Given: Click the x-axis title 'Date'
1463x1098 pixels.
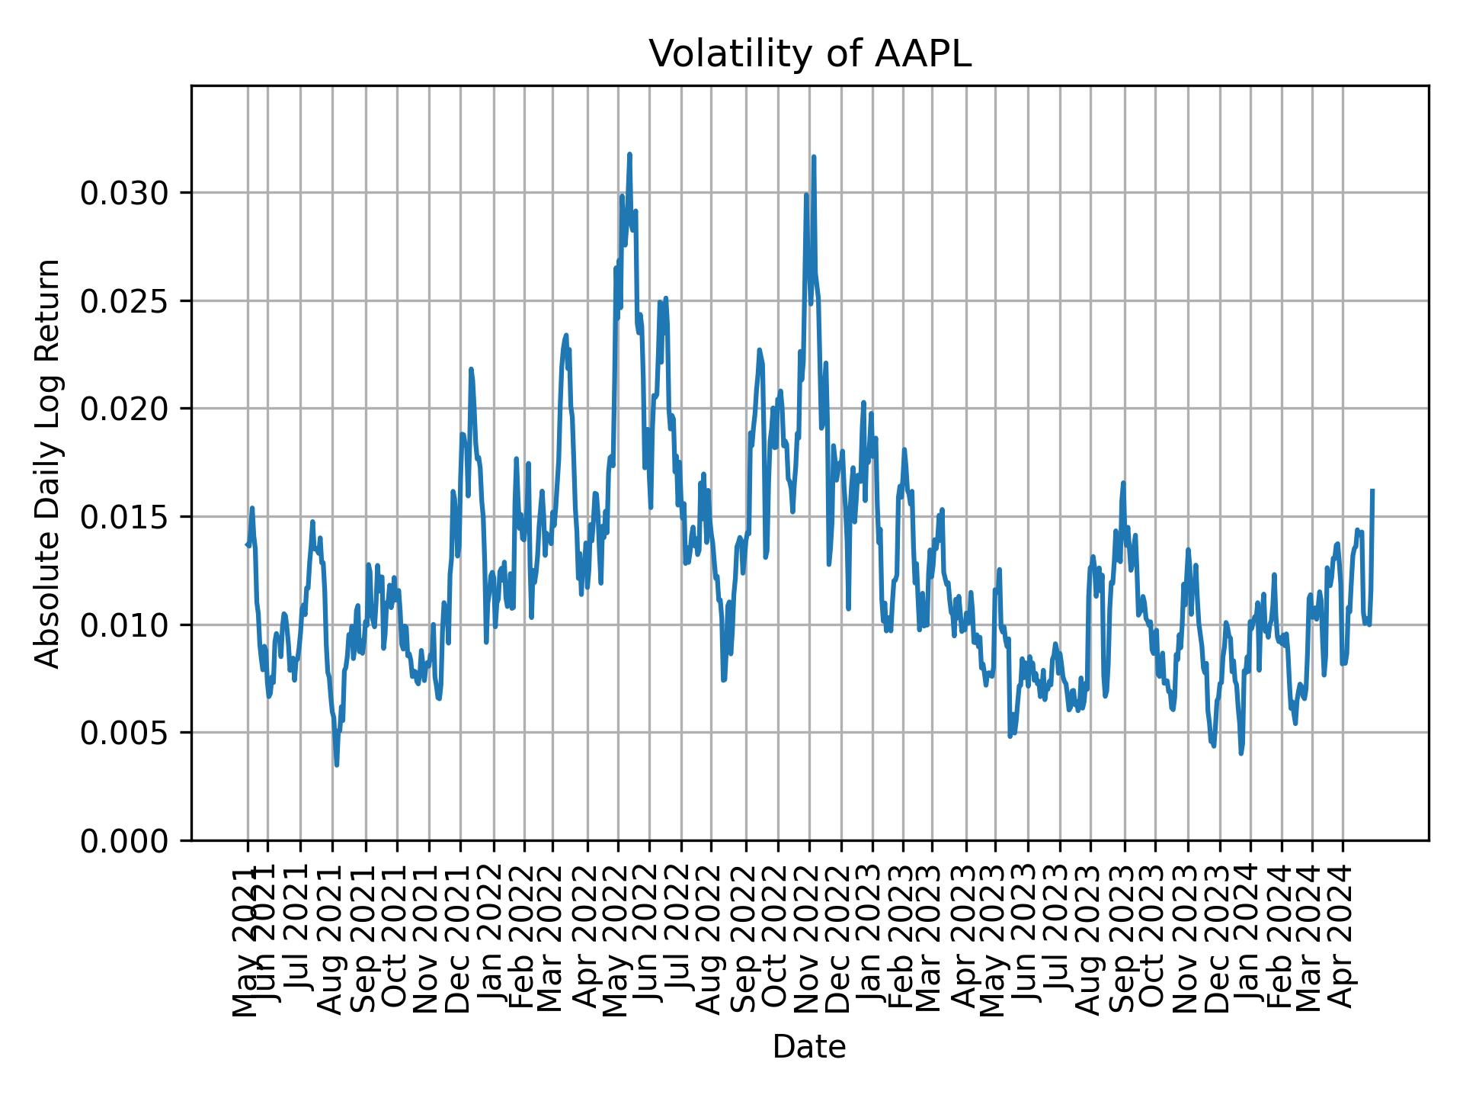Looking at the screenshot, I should coord(809,1047).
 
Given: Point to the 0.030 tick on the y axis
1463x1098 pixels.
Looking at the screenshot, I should coord(123,194).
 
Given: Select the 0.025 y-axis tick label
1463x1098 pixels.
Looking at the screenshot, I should coord(123,302).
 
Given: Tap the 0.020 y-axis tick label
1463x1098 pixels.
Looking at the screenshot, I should coord(123,409).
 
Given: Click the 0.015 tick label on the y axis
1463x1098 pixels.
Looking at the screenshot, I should coord(123,518).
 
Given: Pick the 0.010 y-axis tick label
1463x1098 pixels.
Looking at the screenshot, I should coord(123,625).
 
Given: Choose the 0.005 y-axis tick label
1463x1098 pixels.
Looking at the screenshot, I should coord(123,734).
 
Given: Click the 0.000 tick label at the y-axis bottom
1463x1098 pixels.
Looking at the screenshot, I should coord(123,841).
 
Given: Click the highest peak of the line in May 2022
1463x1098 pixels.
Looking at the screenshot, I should coord(629,155).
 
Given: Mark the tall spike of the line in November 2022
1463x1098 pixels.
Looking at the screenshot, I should coord(814,157).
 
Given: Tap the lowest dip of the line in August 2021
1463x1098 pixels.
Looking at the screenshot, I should coord(336,765).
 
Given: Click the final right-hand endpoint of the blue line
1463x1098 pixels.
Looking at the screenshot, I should coord(1372,491).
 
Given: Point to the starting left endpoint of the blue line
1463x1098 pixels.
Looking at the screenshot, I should coord(247,544).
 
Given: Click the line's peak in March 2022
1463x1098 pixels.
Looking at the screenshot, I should coord(565,335).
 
